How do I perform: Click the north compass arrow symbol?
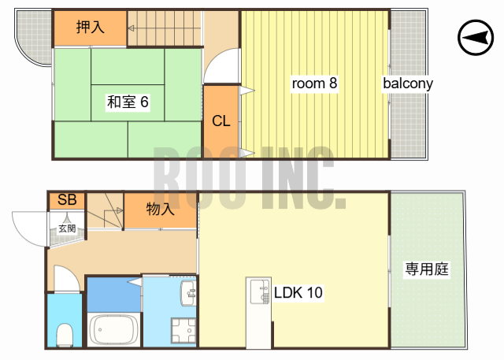(x=473, y=37)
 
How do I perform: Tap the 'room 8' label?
(x=315, y=83)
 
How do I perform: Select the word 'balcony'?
(x=408, y=83)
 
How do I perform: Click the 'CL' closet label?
(x=221, y=121)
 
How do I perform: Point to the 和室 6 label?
(x=128, y=102)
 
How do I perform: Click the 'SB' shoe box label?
(x=66, y=200)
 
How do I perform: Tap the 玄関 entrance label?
(x=67, y=228)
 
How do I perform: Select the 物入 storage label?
(x=160, y=209)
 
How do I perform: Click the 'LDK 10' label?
(x=298, y=293)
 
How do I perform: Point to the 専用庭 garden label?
(x=426, y=269)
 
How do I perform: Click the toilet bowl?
(x=65, y=334)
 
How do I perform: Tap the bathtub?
(x=114, y=329)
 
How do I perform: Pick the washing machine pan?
(x=184, y=330)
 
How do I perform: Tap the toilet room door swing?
(x=65, y=278)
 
